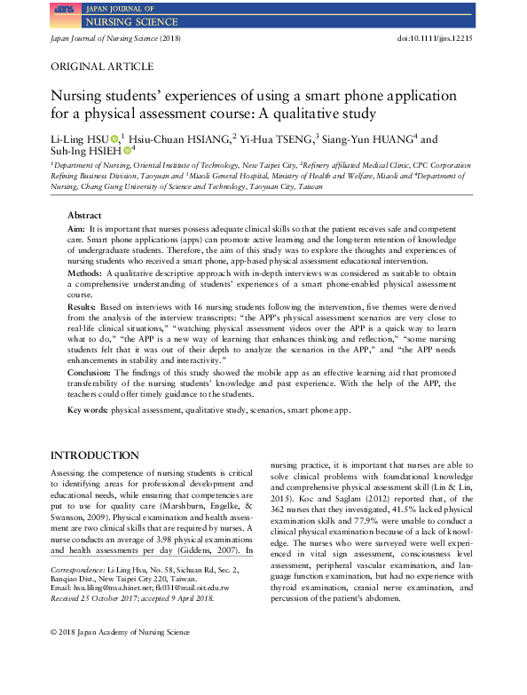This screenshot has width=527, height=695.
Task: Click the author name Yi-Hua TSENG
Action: tap(276, 138)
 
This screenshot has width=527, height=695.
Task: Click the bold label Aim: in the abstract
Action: tap(77, 229)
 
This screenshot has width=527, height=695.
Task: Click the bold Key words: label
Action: tap(88, 411)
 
